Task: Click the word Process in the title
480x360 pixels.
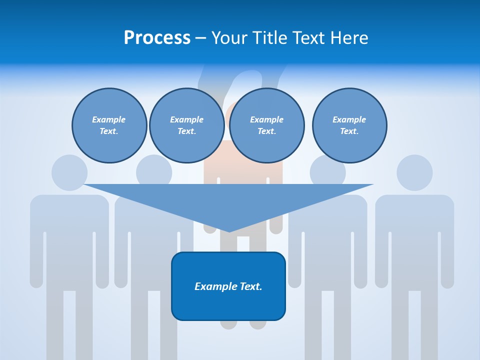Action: point(157,38)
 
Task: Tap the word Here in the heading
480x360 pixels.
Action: point(349,38)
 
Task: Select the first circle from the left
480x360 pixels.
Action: point(109,125)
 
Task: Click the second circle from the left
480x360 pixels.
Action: point(187,125)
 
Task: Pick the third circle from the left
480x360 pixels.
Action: point(267,125)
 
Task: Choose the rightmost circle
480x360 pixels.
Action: point(349,125)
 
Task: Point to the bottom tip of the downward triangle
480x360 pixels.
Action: point(229,231)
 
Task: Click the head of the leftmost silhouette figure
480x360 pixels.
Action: point(69,172)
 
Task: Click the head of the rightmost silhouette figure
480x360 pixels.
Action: point(414,172)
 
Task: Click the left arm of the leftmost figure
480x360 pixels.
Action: point(36,250)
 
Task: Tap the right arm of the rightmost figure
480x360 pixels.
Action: point(448,250)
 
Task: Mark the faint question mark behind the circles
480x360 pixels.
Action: point(240,80)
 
